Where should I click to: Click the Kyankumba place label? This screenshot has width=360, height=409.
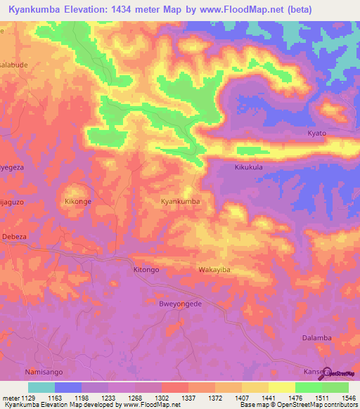click(181, 201)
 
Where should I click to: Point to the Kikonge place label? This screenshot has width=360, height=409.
click(79, 201)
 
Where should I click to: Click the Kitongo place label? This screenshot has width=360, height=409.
click(146, 269)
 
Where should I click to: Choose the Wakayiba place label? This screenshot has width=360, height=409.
click(214, 269)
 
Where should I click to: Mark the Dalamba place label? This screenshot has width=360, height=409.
click(316, 337)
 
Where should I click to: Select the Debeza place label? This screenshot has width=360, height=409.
click(14, 237)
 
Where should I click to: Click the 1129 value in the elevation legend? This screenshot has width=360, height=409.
click(27, 398)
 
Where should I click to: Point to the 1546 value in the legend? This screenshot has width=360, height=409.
click(348, 398)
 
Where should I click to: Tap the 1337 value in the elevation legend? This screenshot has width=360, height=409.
click(188, 398)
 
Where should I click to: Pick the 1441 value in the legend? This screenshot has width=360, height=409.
click(268, 398)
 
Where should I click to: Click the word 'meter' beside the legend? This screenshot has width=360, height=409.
click(10, 398)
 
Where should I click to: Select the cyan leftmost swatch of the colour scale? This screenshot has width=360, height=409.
click(41, 387)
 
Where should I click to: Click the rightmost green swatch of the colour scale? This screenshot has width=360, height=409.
click(335, 387)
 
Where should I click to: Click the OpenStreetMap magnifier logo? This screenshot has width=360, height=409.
click(325, 373)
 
